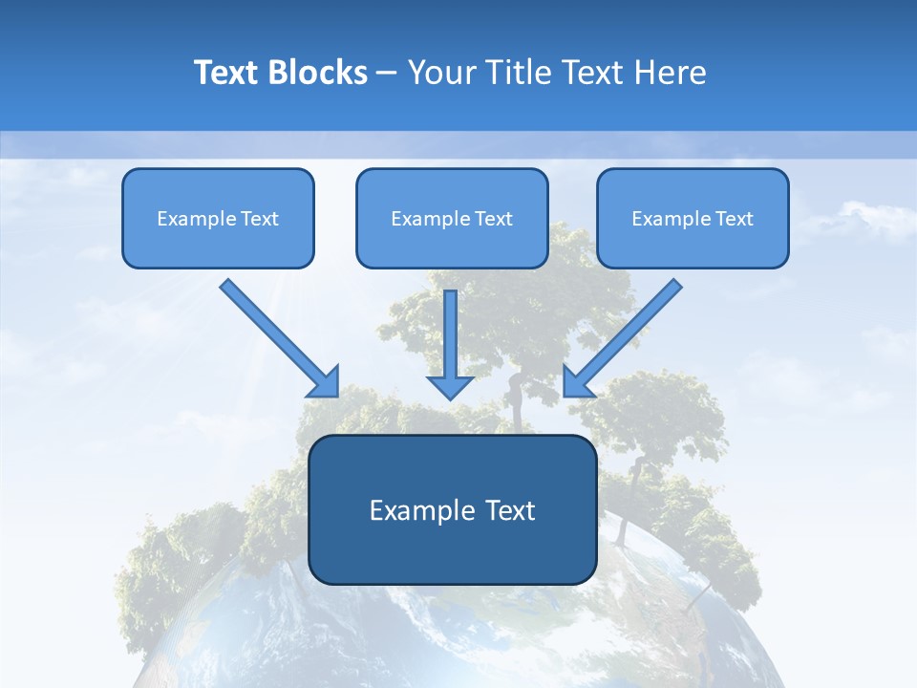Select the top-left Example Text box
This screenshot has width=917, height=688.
(218, 218)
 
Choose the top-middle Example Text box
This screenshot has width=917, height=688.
(452, 218)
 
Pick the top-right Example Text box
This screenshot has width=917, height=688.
(693, 218)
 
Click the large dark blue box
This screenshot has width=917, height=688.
(453, 509)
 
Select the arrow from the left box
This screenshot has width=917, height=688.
(272, 332)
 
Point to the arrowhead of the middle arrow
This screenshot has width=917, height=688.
(451, 386)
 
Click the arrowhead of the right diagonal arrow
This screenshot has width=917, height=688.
(576, 383)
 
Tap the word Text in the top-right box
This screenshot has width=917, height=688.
(734, 219)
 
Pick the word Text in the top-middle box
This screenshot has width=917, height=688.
(493, 219)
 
